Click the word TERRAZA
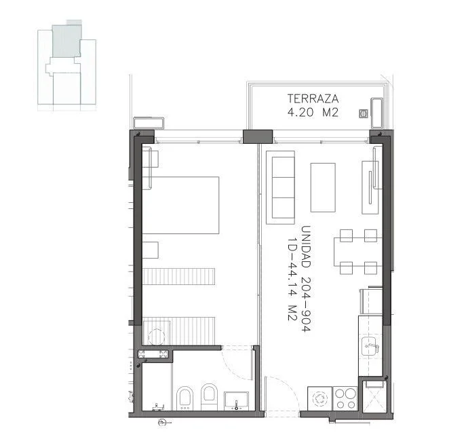(x=313, y=98)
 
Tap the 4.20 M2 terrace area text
(x=313, y=113)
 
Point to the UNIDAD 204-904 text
(x=306, y=278)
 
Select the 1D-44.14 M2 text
(x=292, y=279)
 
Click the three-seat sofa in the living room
(x=281, y=187)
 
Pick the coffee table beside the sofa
(x=323, y=187)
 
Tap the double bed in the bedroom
(x=180, y=205)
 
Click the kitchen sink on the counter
(x=370, y=346)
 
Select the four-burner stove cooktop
(x=345, y=398)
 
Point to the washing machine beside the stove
(x=320, y=398)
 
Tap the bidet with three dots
(x=185, y=399)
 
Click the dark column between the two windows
(x=258, y=137)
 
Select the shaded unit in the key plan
(x=66, y=41)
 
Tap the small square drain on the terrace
(x=364, y=113)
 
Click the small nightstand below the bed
(x=151, y=250)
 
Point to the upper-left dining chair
(x=347, y=235)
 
